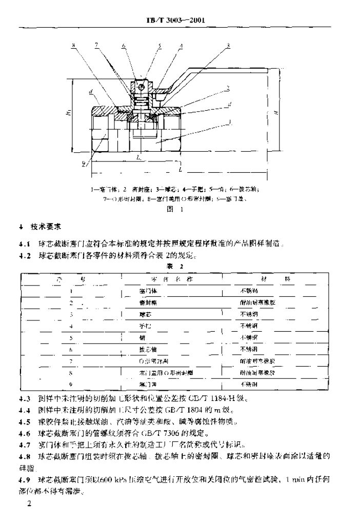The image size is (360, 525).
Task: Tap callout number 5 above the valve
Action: pos(159,46)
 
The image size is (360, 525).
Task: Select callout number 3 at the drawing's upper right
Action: pos(227,46)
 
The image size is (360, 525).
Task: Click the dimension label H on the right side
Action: pos(276,112)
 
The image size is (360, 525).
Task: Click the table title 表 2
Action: pos(179,267)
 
